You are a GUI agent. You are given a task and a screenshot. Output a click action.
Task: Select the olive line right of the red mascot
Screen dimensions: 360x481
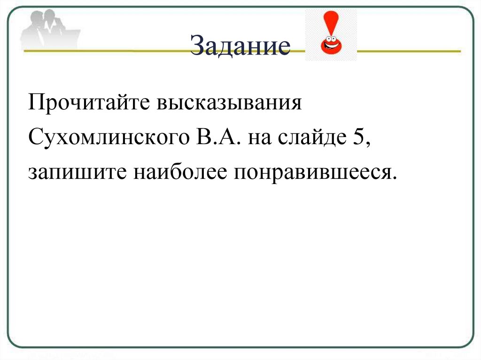coord(409,50)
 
